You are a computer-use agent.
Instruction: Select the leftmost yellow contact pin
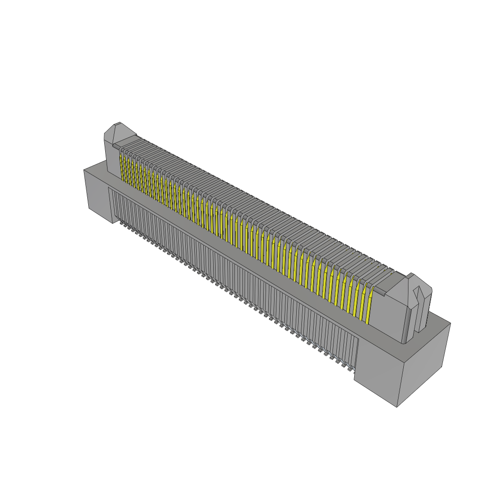point(123,167)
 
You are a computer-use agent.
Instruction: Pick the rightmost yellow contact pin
point(369,304)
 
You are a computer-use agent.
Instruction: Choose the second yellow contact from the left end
point(127,169)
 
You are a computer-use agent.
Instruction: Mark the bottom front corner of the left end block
point(112,223)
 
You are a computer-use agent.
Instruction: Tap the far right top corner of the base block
point(450,323)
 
